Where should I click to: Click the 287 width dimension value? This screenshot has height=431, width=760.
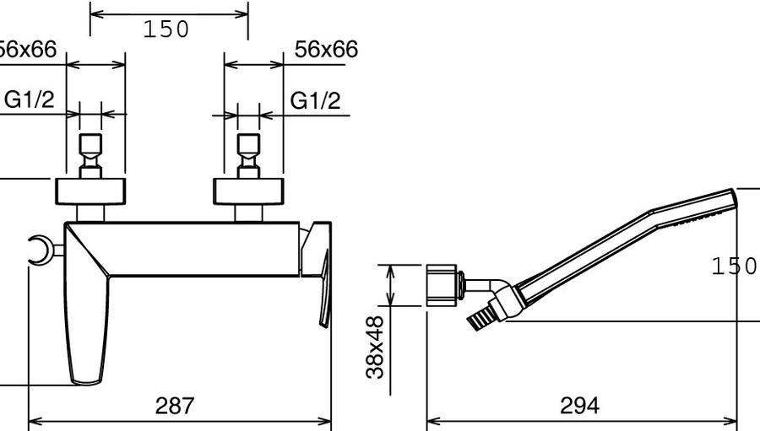175,406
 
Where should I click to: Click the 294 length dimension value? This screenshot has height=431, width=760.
579,406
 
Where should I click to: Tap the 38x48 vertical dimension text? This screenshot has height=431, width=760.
375,347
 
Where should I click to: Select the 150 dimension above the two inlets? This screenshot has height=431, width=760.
166,30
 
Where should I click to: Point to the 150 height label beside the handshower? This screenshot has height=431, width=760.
734,266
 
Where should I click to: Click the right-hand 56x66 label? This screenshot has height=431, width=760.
327,50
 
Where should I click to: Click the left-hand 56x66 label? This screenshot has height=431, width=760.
27,50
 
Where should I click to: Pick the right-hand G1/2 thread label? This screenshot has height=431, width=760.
316,100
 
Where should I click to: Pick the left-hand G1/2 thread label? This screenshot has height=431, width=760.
29,100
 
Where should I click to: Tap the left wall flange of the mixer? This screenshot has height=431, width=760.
90,191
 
